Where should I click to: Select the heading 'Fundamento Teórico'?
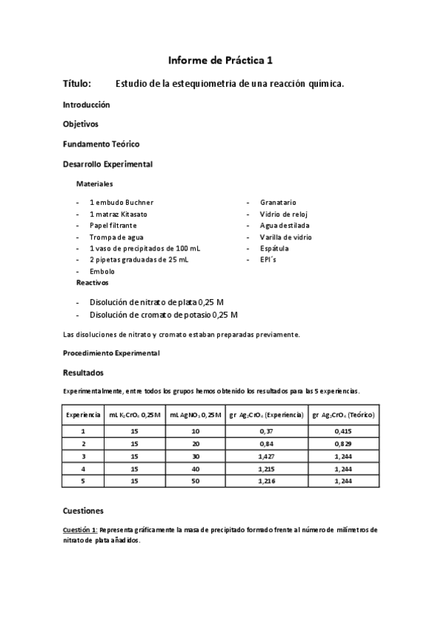tap(101, 144)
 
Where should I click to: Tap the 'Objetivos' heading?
tap(80, 124)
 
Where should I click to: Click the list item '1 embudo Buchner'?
tap(121, 202)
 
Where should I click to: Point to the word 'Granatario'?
tap(278, 202)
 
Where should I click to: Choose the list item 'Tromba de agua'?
tap(116, 237)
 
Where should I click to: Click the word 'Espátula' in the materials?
tap(274, 248)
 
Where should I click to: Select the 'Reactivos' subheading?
tap(93, 282)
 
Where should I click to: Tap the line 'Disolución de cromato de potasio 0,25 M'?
tap(163, 315)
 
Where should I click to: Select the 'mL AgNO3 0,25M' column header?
tap(195, 416)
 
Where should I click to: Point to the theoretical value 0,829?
tap(343, 444)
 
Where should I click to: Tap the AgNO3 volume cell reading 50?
tap(195, 481)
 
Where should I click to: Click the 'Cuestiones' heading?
tap(83, 510)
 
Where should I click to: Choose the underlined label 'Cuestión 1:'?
tap(80, 530)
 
